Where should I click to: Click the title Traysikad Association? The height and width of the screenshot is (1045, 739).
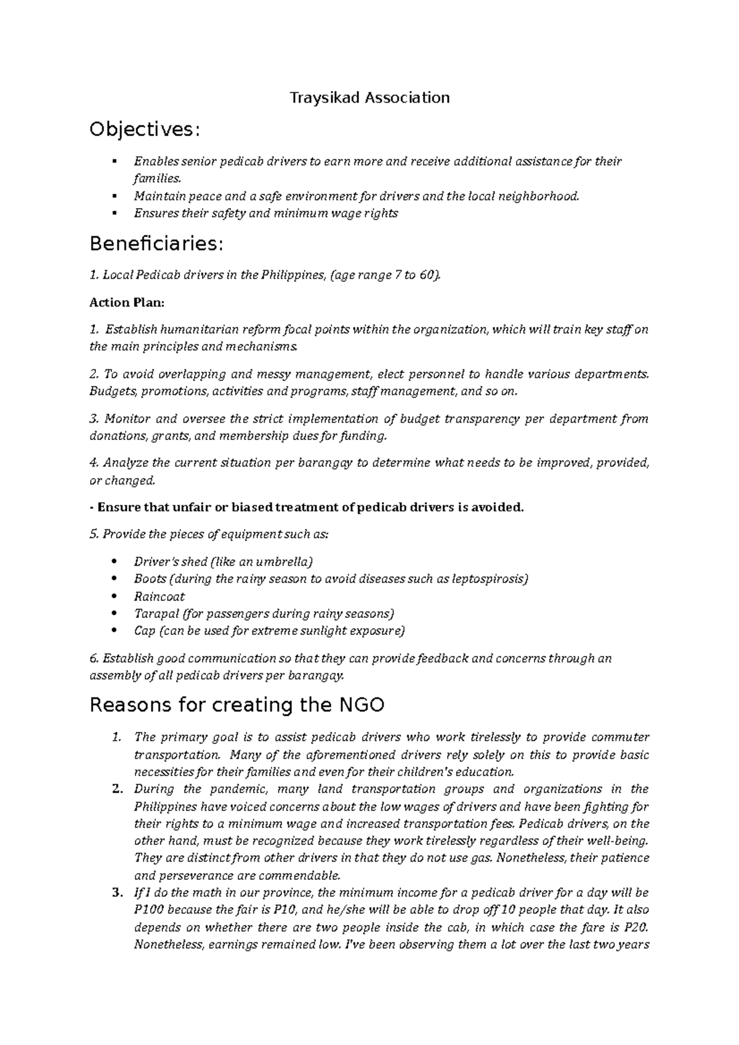pyautogui.click(x=369, y=97)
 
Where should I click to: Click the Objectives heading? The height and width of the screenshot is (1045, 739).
pyautogui.click(x=145, y=130)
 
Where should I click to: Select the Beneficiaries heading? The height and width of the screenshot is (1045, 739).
pyautogui.click(x=154, y=244)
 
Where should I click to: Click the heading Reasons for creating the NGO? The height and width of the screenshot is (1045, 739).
pyautogui.click(x=237, y=704)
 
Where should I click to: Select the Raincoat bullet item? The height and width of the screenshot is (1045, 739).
pyautogui.click(x=159, y=596)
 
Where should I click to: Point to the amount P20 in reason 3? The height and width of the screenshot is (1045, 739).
pyautogui.click(x=637, y=927)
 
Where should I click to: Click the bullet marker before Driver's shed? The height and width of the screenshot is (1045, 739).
pyautogui.click(x=115, y=561)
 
